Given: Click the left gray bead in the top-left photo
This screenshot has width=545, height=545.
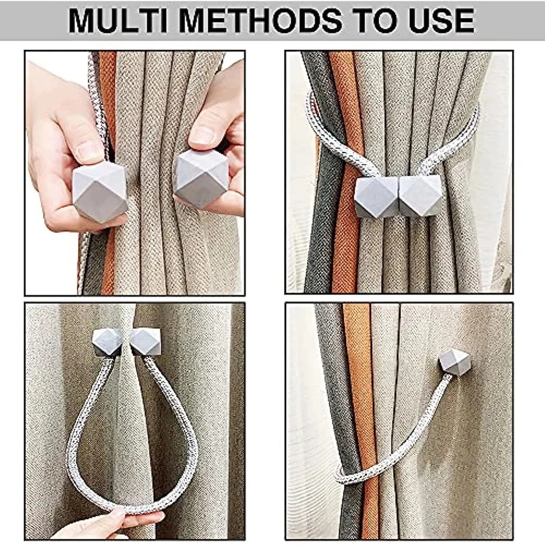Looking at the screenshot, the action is point(100,191).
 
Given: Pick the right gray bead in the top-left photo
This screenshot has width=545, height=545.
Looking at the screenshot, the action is point(202,181).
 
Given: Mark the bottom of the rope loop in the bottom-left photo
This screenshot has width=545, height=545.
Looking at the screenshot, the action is point(136,513).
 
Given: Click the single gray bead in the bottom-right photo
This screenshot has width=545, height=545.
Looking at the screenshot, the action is point(454,362).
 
